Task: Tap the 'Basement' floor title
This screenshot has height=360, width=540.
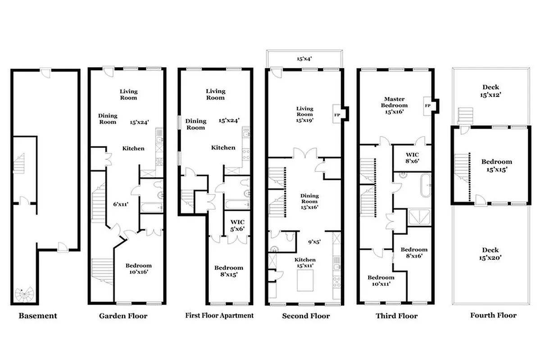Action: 38,315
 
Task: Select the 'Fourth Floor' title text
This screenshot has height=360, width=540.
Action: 493,315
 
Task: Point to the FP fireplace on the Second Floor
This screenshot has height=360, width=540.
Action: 336,114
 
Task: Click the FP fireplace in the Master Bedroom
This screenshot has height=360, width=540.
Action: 427,105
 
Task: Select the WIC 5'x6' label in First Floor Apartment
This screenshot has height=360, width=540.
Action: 237,225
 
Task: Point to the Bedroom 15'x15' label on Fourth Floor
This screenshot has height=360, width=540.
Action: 496,166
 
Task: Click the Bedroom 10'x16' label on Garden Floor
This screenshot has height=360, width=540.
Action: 138,269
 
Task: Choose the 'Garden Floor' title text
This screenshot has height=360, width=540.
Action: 123,315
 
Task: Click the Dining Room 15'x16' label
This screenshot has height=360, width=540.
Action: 309,202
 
